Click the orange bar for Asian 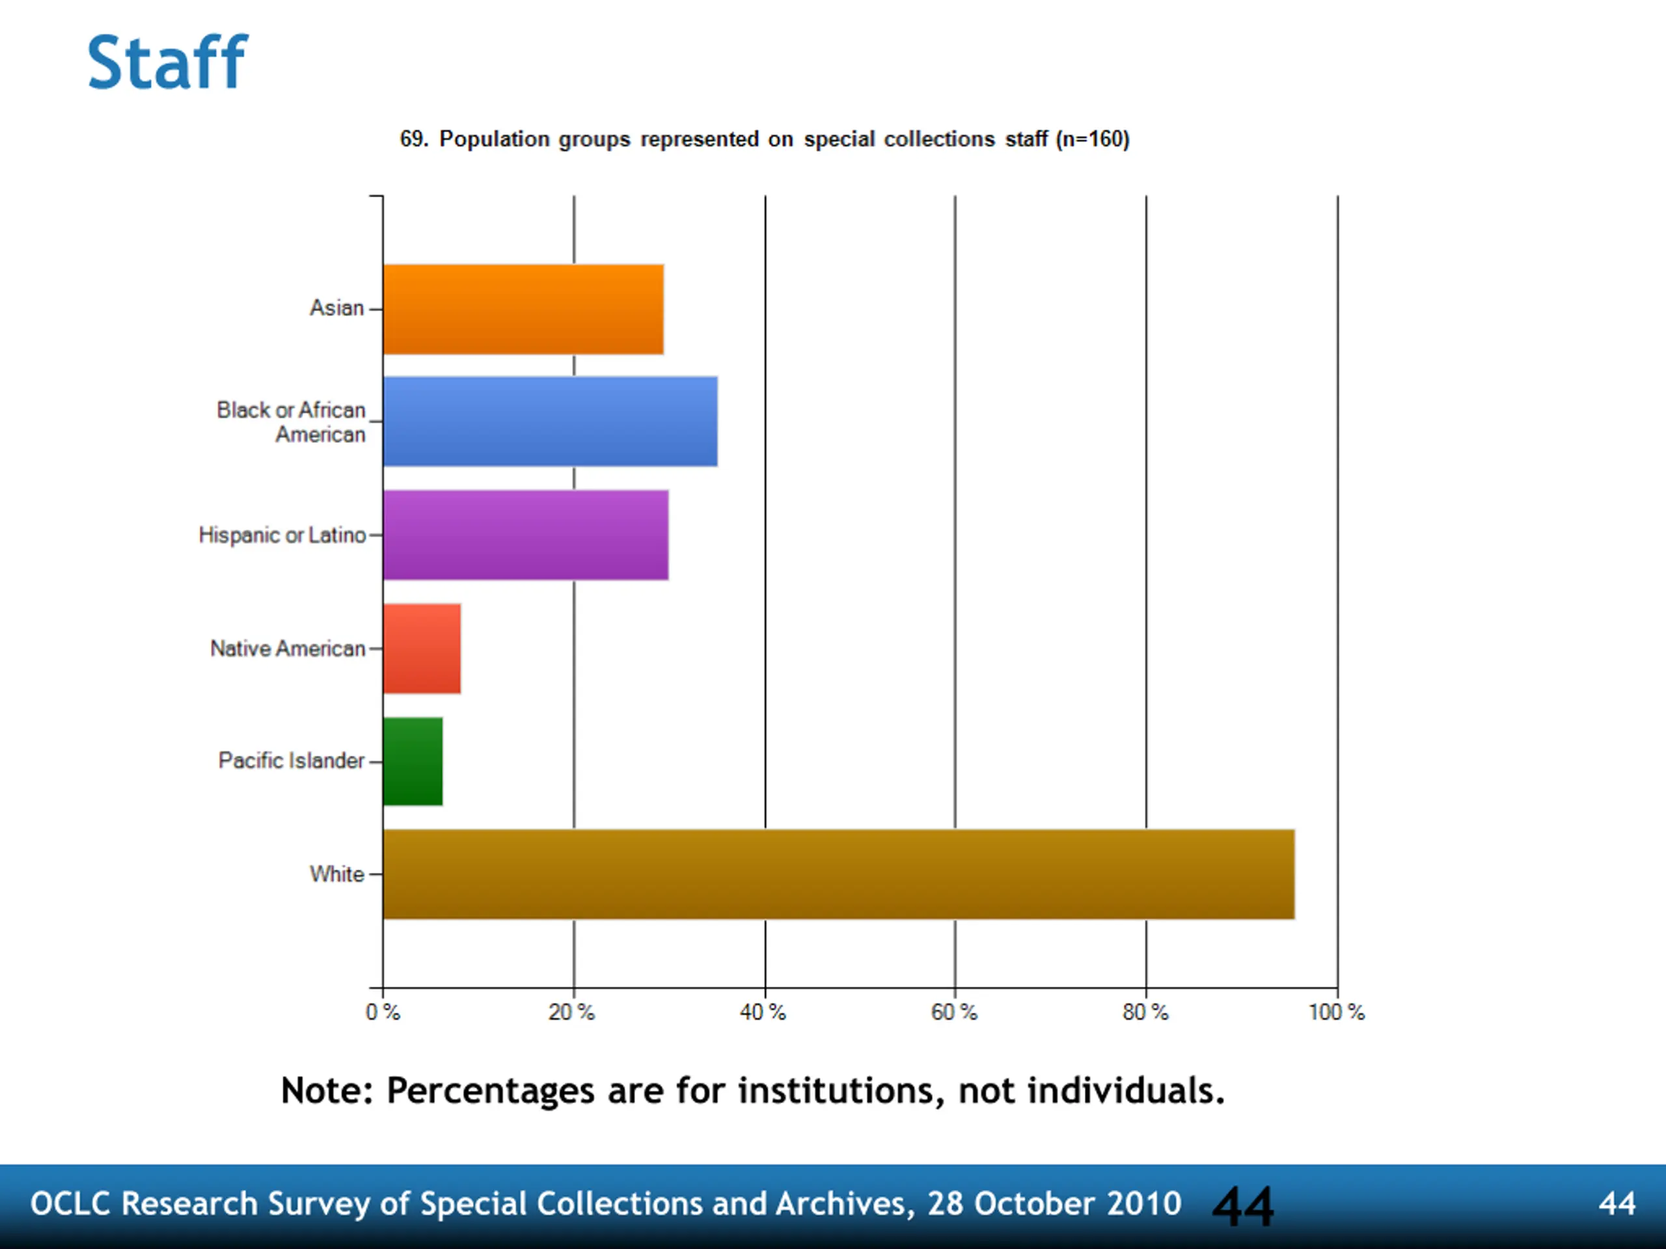[x=523, y=310]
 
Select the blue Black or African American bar [x=550, y=422]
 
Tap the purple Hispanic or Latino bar [x=525, y=535]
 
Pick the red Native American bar [x=422, y=649]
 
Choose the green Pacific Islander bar [x=413, y=762]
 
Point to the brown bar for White [x=838, y=875]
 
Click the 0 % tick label [x=383, y=1013]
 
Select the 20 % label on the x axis [x=571, y=1013]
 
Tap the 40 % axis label [x=762, y=1013]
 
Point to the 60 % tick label [x=953, y=1013]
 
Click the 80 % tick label [x=1145, y=1013]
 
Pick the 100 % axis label [x=1336, y=1013]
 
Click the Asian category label [x=336, y=308]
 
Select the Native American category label [x=288, y=649]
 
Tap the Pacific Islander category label [x=292, y=761]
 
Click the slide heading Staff [x=167, y=62]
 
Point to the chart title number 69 [x=412, y=139]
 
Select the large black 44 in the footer [x=1243, y=1207]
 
